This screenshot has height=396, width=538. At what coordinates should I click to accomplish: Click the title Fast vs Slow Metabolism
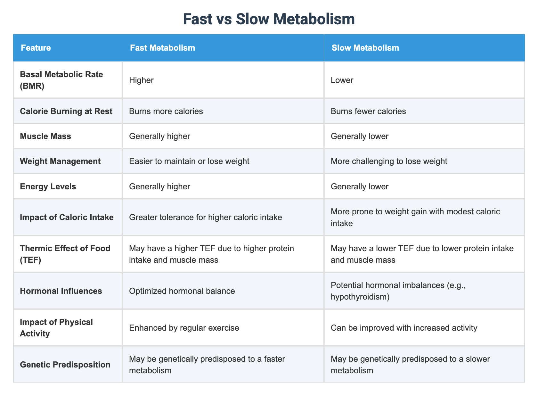click(x=269, y=19)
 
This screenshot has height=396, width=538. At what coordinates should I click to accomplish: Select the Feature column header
click(x=36, y=48)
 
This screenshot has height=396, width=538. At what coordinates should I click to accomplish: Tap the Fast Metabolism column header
click(x=162, y=48)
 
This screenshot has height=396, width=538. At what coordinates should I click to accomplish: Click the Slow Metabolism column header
click(x=365, y=48)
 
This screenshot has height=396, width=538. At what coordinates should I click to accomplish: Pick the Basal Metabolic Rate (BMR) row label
click(x=61, y=80)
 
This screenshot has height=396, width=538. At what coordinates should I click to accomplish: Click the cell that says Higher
click(x=141, y=80)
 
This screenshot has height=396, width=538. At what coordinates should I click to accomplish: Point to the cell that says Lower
click(x=342, y=80)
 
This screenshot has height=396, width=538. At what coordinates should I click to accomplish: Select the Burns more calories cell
click(x=166, y=111)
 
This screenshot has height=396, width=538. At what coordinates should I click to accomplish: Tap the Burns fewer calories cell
click(x=368, y=111)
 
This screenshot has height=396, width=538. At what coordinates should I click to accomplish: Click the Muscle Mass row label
click(x=45, y=136)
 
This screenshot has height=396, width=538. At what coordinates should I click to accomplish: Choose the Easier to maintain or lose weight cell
click(x=189, y=161)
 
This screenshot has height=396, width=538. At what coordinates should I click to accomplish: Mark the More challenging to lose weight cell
click(x=389, y=161)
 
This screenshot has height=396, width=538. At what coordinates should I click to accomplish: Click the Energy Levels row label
click(x=48, y=186)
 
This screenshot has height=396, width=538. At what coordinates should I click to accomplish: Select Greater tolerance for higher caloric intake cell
click(x=206, y=217)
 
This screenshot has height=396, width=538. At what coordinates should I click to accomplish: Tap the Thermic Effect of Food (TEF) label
click(x=65, y=254)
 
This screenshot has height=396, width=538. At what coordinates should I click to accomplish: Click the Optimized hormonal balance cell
click(x=182, y=291)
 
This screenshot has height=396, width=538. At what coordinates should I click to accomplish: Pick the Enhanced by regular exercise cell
click(x=184, y=328)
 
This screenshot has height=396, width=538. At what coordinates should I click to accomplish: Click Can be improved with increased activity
click(x=404, y=328)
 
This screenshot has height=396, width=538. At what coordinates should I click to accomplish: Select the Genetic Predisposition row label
click(x=65, y=365)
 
